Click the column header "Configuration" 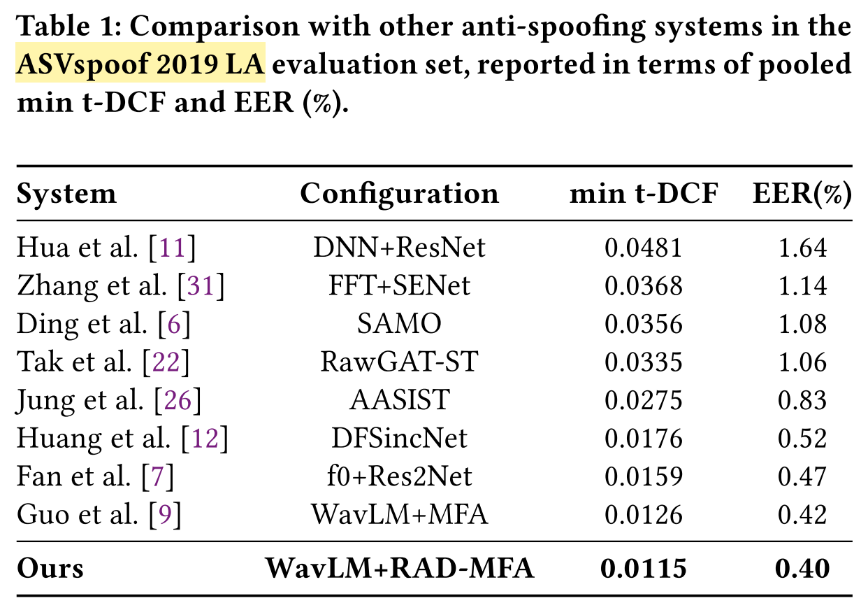(x=399, y=194)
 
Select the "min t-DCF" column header (x=644, y=194)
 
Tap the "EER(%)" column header (x=802, y=194)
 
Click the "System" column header (x=66, y=194)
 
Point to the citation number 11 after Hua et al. (x=173, y=248)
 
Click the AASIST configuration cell (x=399, y=400)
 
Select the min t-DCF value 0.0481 (x=644, y=248)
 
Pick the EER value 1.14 (x=802, y=285)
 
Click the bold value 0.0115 (x=644, y=568)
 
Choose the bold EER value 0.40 (x=802, y=568)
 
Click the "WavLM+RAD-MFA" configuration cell (x=399, y=568)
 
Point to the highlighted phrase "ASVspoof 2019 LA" (x=140, y=65)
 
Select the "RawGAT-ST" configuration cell (x=399, y=362)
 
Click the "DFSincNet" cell (x=399, y=439)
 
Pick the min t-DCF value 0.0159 (x=644, y=477)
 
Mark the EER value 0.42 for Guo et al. (x=802, y=516)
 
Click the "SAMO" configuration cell (x=399, y=324)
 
